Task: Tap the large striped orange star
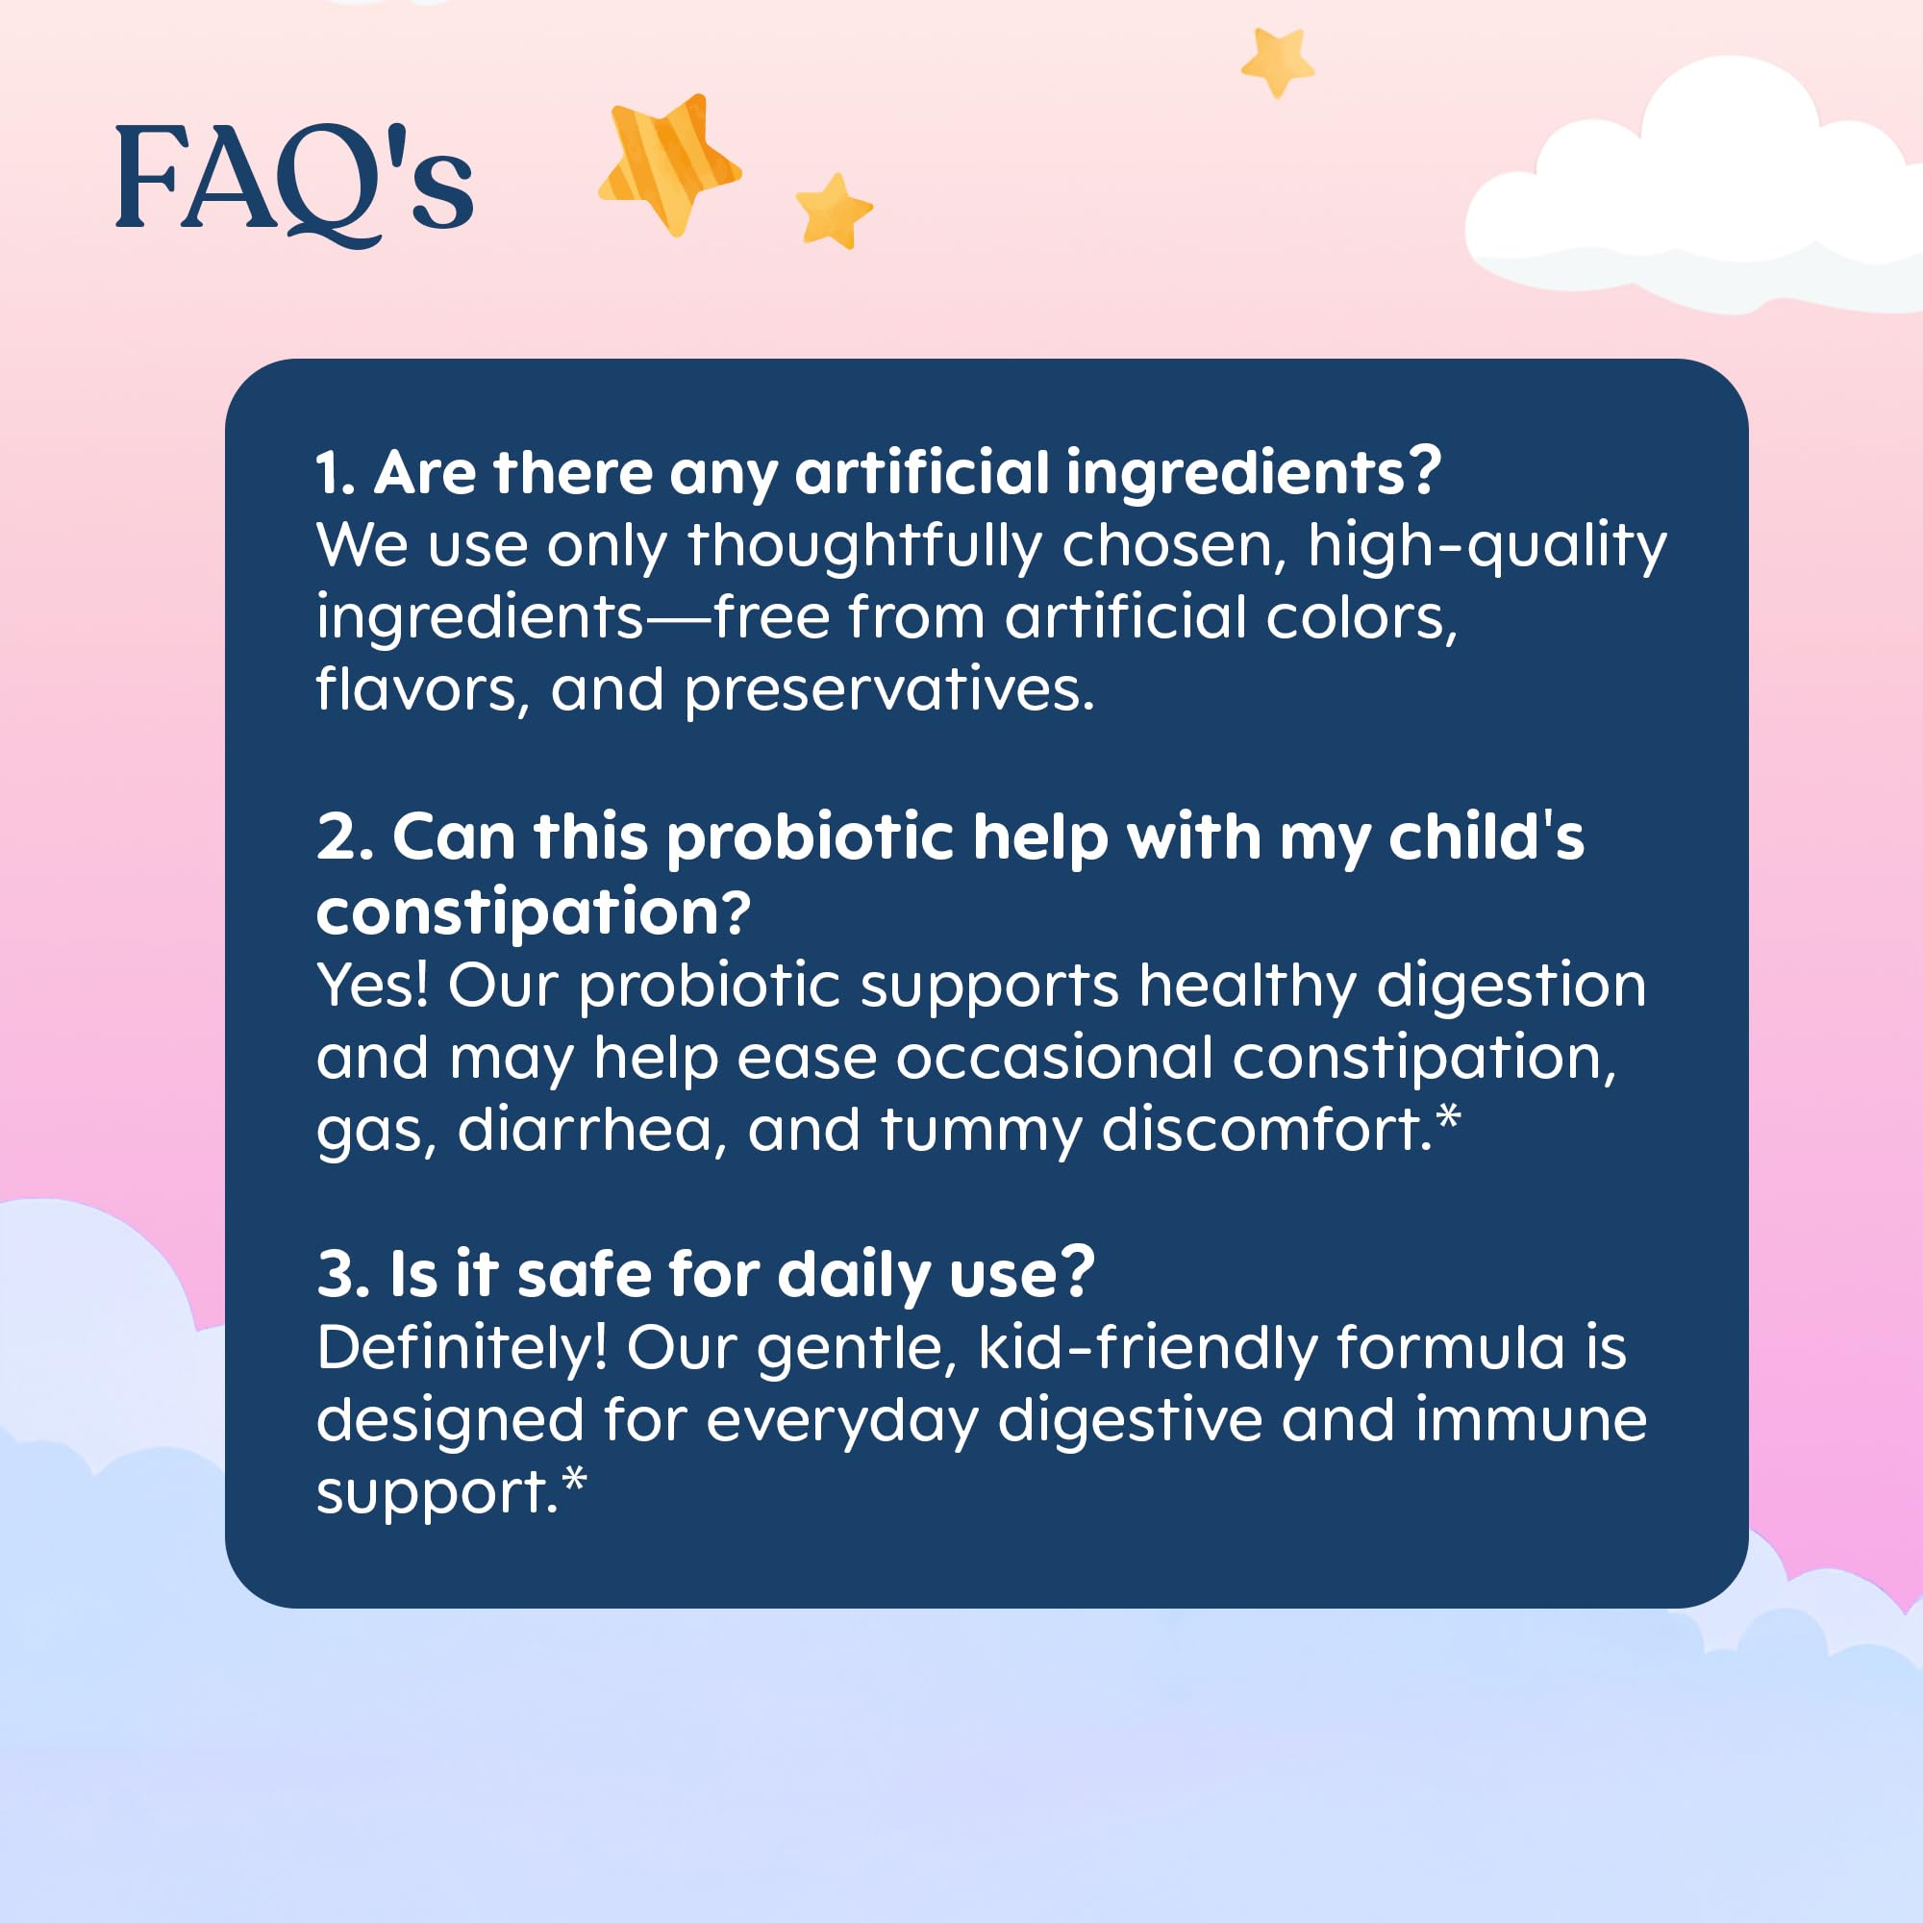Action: (x=669, y=162)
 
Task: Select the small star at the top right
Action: (x=1277, y=62)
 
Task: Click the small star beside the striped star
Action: (x=833, y=211)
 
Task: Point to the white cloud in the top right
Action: (x=1692, y=194)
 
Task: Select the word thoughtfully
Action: (x=864, y=546)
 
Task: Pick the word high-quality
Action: (x=1487, y=546)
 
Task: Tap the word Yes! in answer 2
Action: (x=372, y=986)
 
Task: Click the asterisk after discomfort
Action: (x=1448, y=1115)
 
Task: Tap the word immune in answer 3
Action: (x=1531, y=1420)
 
